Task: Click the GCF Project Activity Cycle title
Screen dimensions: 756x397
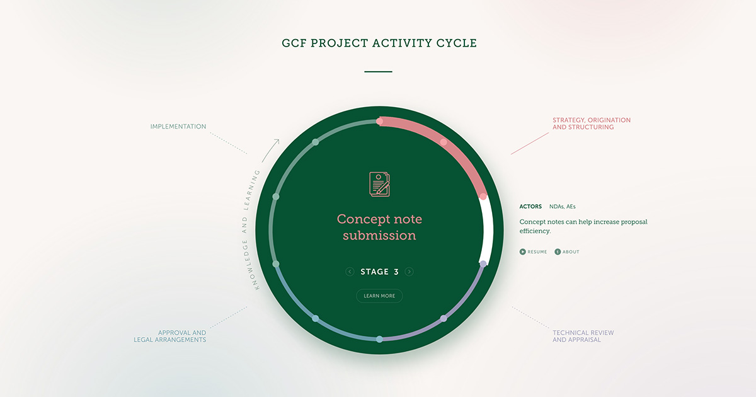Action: [379, 43]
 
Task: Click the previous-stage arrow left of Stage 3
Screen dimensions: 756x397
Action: [350, 272]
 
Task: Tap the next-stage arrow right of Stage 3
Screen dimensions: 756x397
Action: [409, 272]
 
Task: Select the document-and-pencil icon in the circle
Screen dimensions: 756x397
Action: [379, 184]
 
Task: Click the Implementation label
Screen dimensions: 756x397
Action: [178, 127]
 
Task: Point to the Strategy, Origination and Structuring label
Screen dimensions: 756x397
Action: [592, 124]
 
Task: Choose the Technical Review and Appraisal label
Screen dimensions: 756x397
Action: [583, 337]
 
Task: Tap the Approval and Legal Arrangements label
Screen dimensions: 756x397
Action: [169, 337]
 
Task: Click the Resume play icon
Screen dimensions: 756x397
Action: [522, 252]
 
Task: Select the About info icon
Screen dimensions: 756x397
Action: [558, 252]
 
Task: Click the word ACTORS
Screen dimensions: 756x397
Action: [530, 207]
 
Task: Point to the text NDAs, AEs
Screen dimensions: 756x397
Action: [562, 207]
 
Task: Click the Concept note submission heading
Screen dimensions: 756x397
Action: [379, 227]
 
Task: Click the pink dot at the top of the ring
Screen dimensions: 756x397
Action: [379, 121]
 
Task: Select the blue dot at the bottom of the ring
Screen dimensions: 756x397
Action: [379, 339]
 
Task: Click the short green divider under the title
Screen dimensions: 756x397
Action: [378, 72]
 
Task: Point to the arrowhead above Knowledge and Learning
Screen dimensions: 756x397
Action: [277, 141]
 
